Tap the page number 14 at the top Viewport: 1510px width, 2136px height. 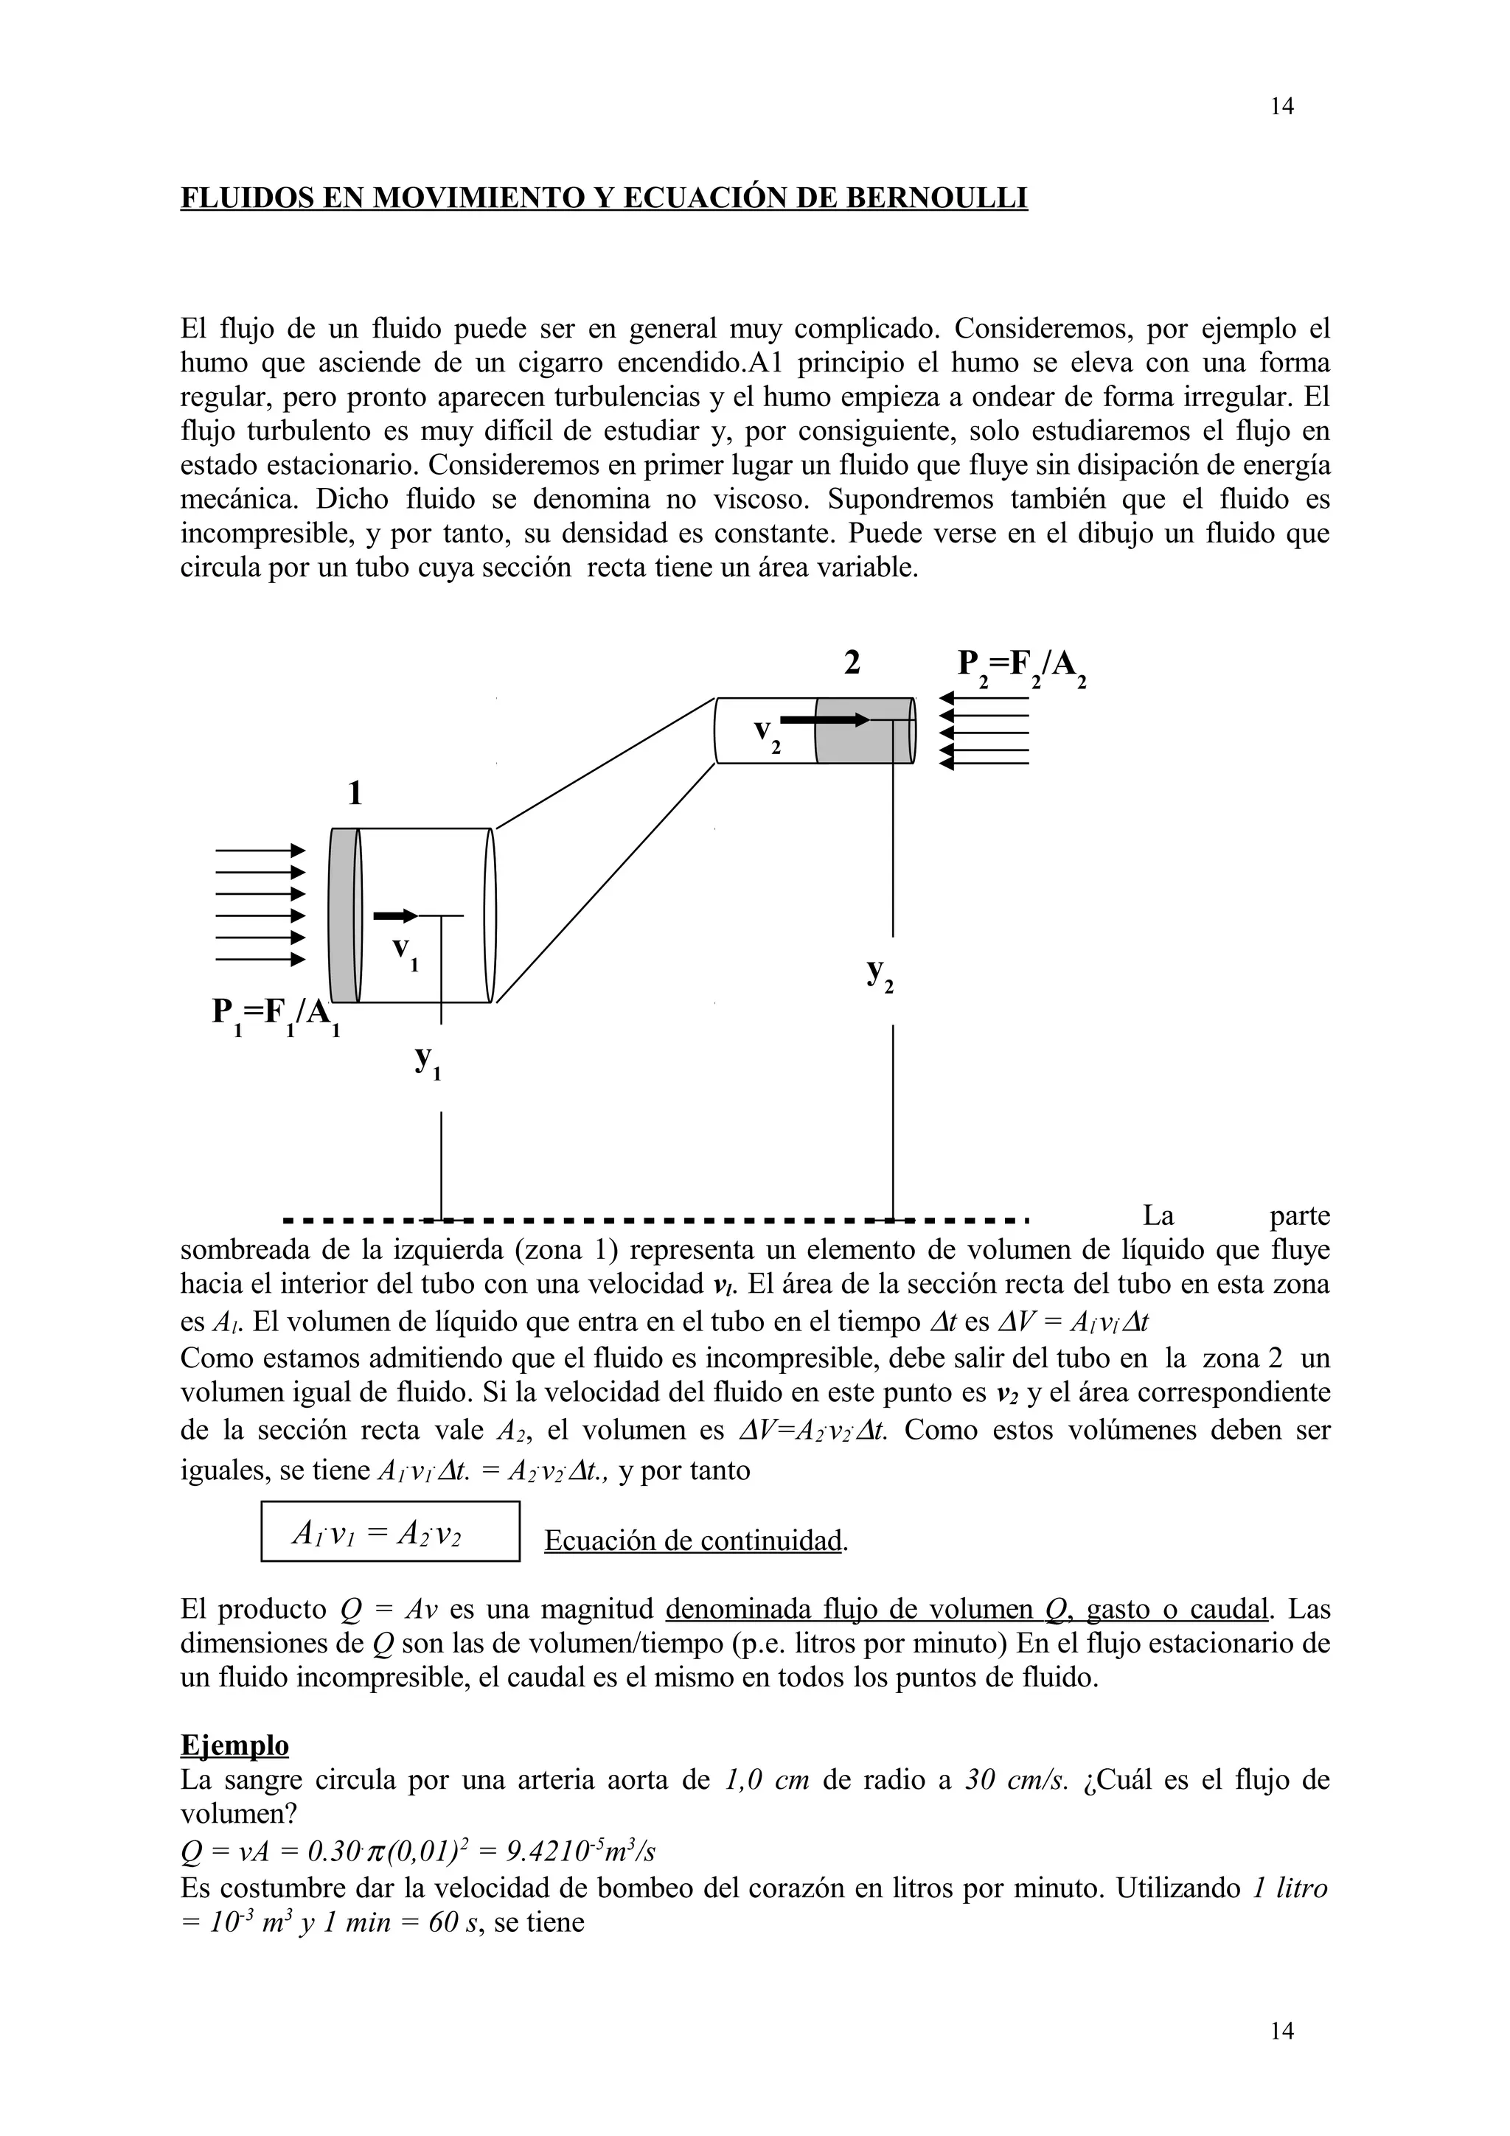point(1281,107)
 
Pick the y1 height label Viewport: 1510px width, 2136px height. point(427,1061)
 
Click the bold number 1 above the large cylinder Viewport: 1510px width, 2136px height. point(355,794)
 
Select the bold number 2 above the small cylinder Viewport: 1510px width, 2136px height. point(852,663)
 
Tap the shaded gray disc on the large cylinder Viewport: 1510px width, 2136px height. point(344,915)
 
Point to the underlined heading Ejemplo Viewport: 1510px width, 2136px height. point(234,1745)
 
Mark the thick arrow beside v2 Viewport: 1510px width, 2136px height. point(824,720)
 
